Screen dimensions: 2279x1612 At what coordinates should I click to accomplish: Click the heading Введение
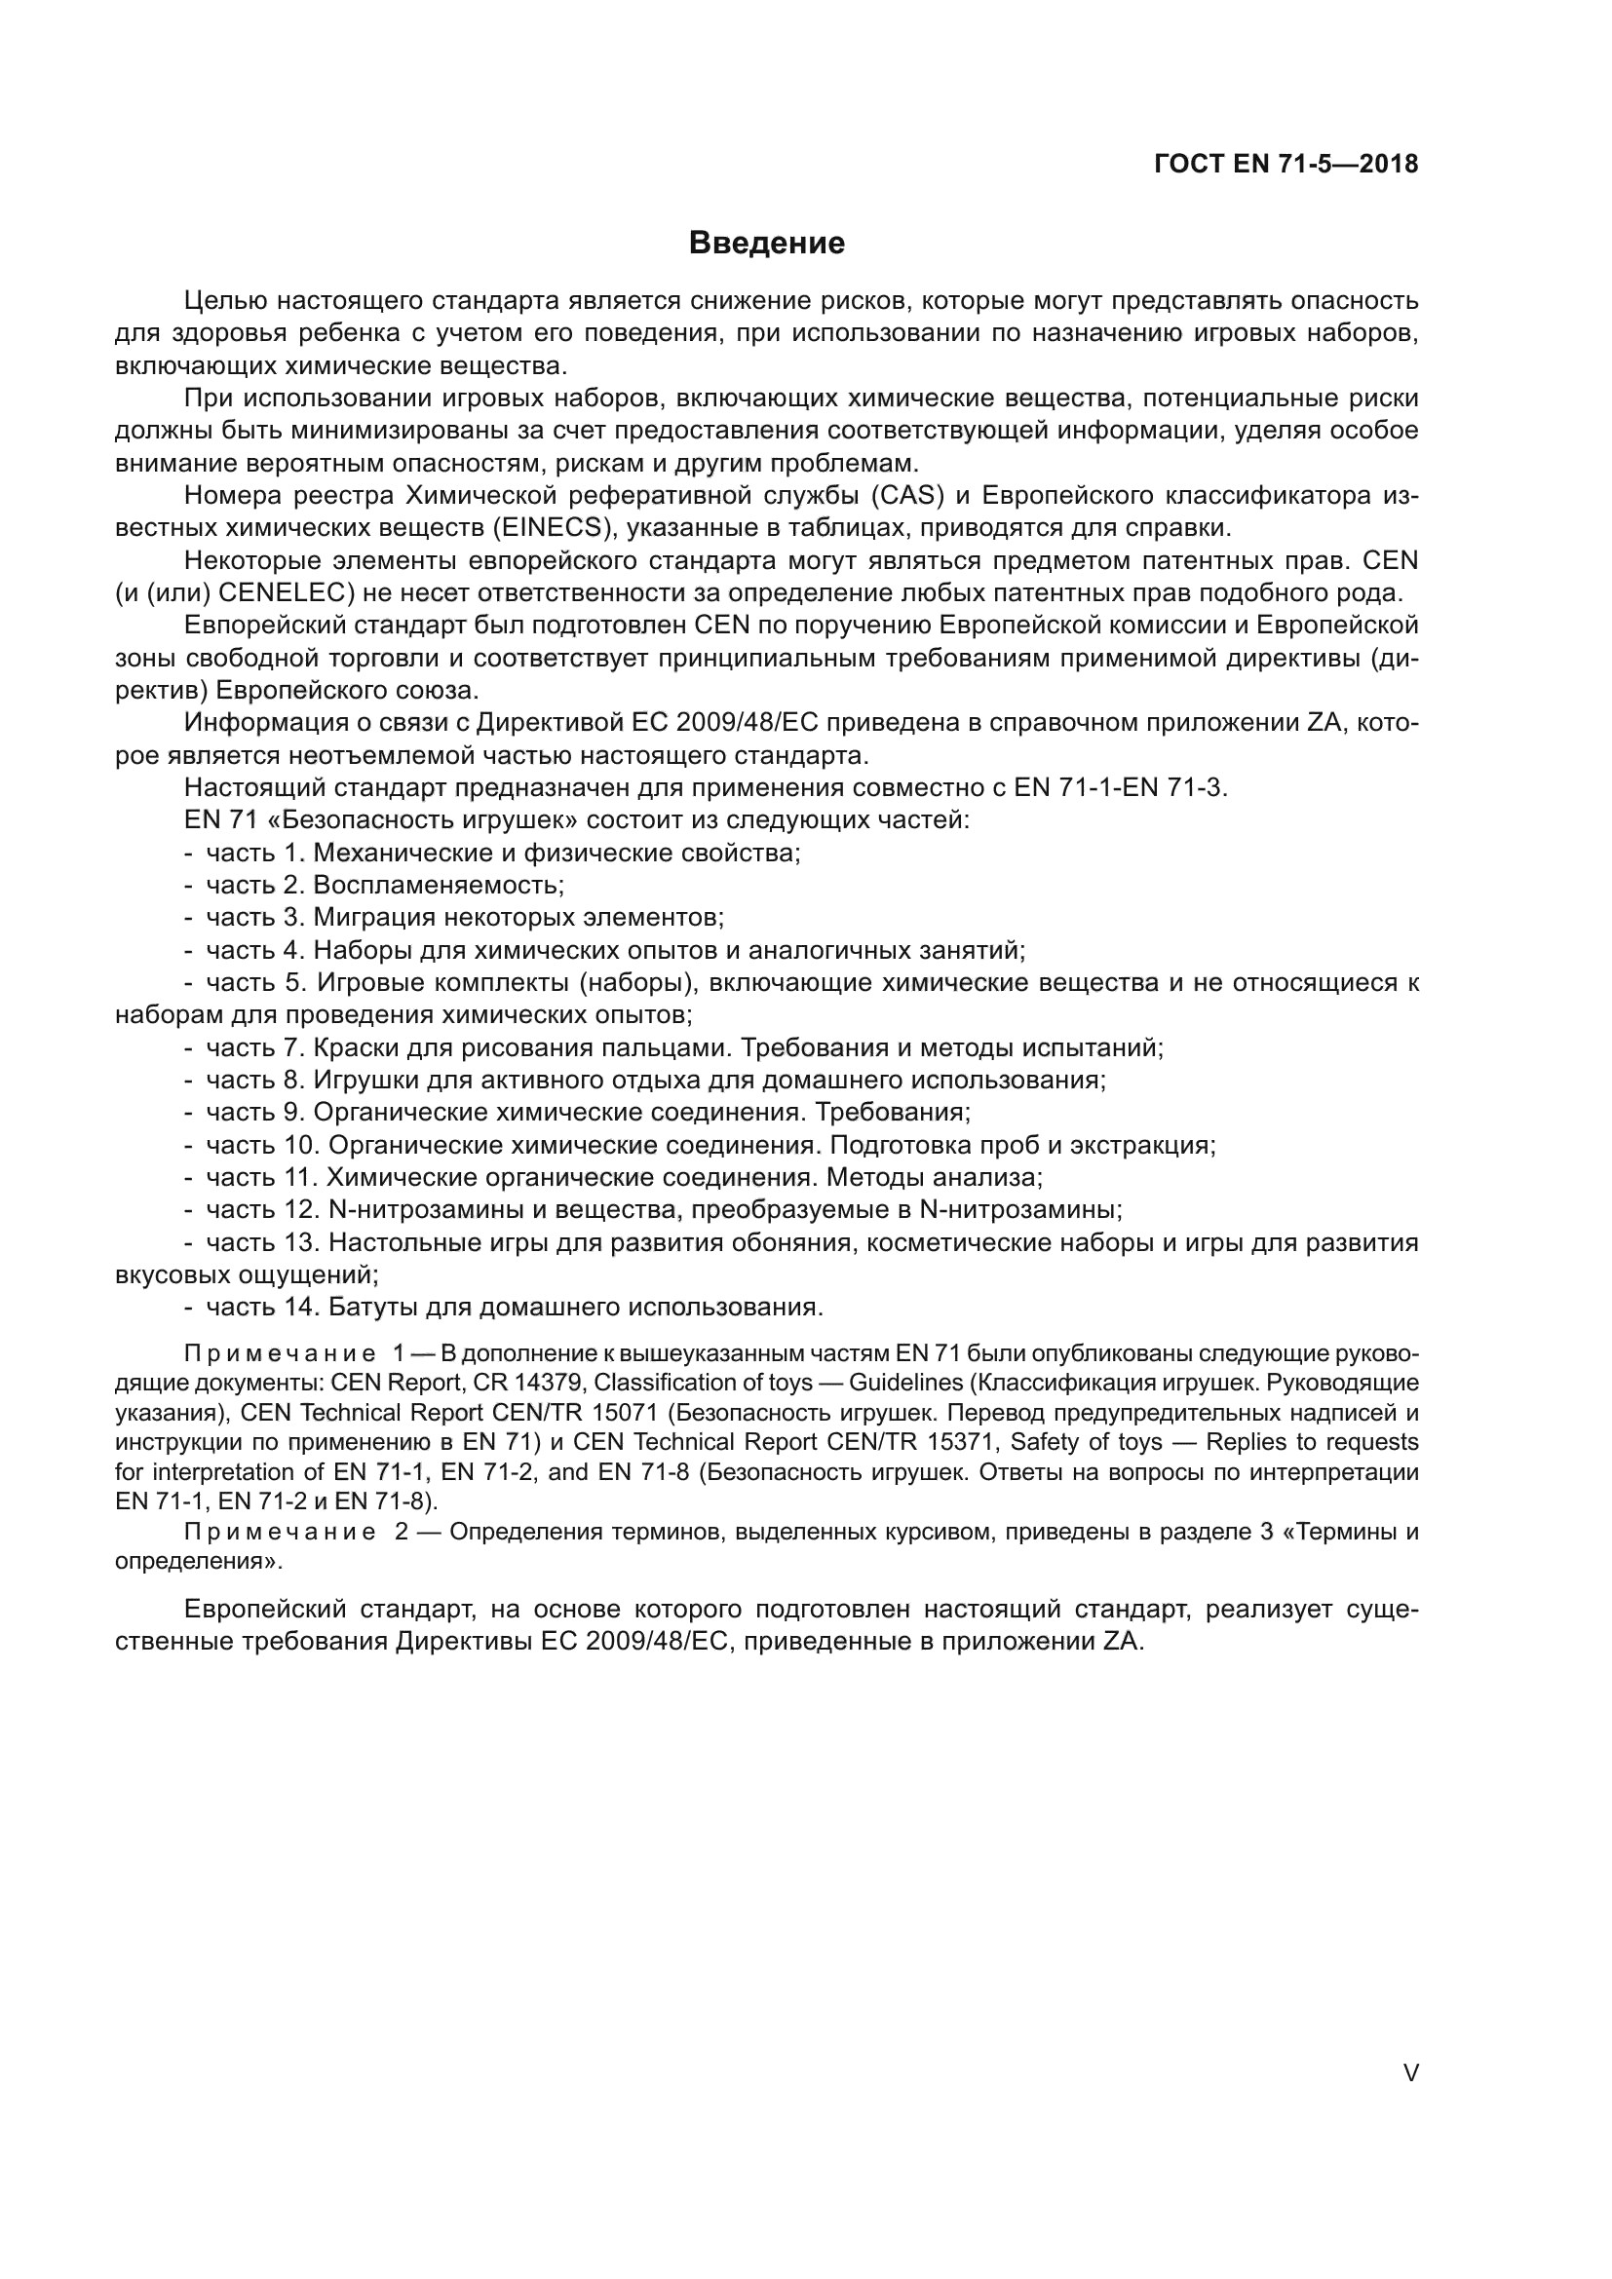[x=766, y=244]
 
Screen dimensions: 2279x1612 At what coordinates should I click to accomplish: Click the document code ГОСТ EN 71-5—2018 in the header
[x=1286, y=165]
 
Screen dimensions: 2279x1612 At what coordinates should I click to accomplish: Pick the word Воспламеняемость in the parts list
[x=438, y=885]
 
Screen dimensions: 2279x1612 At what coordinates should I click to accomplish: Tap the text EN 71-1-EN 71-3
[x=1121, y=788]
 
